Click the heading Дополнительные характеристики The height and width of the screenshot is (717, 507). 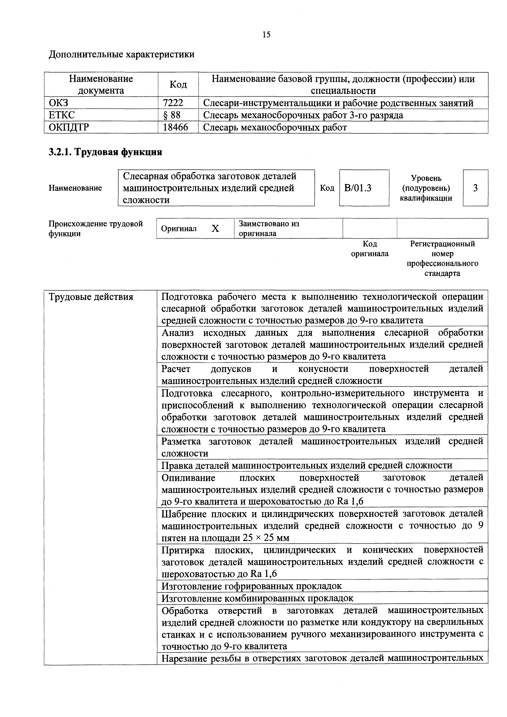pyautogui.click(x=122, y=54)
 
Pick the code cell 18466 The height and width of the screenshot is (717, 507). pyautogui.click(x=176, y=127)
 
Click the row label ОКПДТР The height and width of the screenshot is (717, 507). pyautogui.click(x=69, y=127)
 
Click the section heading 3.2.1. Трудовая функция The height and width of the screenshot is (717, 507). pyautogui.click(x=105, y=152)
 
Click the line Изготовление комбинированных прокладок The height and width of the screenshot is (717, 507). pyautogui.click(x=257, y=598)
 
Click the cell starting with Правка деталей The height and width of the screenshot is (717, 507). pyautogui.click(x=307, y=465)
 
